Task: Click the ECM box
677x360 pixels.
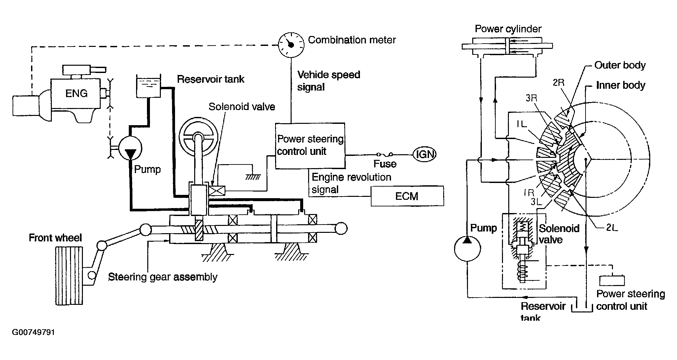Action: [407, 196]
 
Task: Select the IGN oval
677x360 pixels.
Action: [425, 154]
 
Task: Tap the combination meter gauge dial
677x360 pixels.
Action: [291, 45]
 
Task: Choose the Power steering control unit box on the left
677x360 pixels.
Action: [310, 146]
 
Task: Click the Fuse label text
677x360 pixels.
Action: [385, 164]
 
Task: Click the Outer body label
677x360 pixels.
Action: [620, 65]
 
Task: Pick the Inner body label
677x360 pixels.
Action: [621, 86]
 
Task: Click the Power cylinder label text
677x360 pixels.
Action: [508, 29]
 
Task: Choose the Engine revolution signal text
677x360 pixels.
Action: [351, 183]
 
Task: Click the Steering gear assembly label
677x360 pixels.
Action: [163, 277]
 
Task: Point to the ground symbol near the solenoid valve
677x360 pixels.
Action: [253, 177]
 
